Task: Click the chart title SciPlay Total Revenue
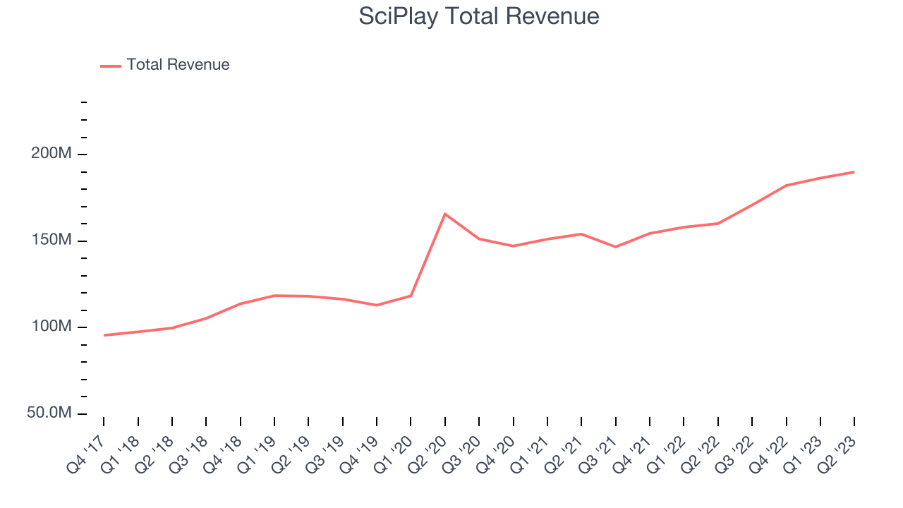coord(479,16)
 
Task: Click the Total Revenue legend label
coord(178,65)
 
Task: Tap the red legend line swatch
coord(111,66)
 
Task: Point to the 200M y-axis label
coord(51,154)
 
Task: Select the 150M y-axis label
coord(51,241)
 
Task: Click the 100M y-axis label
coord(51,327)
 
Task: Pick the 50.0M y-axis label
coord(49,413)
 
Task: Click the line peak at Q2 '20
coord(444,214)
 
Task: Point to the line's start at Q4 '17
coord(104,335)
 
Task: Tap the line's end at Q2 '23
coord(854,172)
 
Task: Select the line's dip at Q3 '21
coord(615,247)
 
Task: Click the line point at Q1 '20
coord(411,296)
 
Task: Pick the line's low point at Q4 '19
coord(377,306)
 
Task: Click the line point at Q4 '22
coord(786,186)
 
